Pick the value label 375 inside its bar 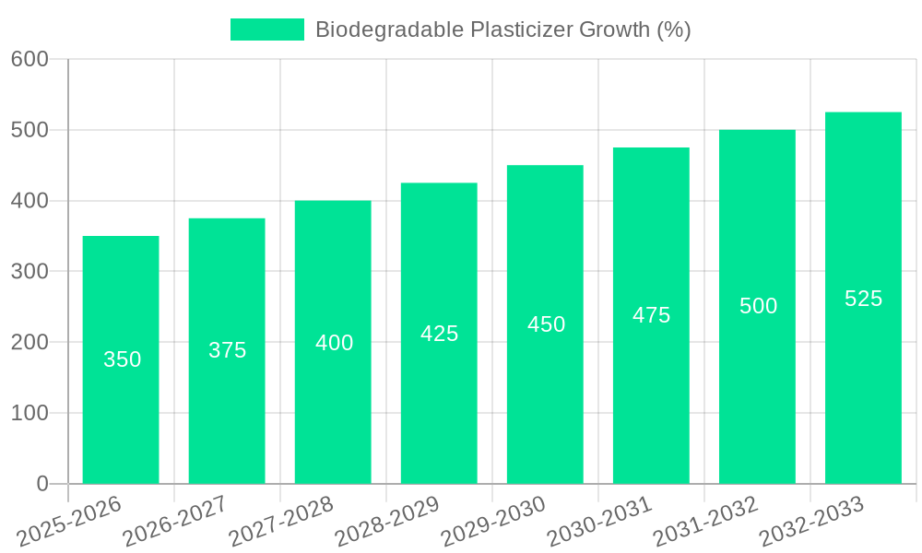[x=227, y=350]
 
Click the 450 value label [x=546, y=324]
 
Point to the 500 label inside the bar [x=758, y=306]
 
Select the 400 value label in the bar [x=334, y=343]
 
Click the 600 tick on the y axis [x=30, y=59]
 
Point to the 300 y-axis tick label [x=30, y=271]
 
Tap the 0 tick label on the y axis [x=42, y=484]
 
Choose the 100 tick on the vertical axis [x=30, y=413]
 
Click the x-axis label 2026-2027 [x=175, y=522]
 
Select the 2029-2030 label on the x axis [x=493, y=522]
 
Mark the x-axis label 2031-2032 [x=705, y=522]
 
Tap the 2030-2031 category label [x=599, y=522]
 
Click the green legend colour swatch [x=266, y=29]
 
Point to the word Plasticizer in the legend [x=520, y=29]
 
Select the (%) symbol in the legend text [x=673, y=29]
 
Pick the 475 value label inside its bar [x=651, y=315]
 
